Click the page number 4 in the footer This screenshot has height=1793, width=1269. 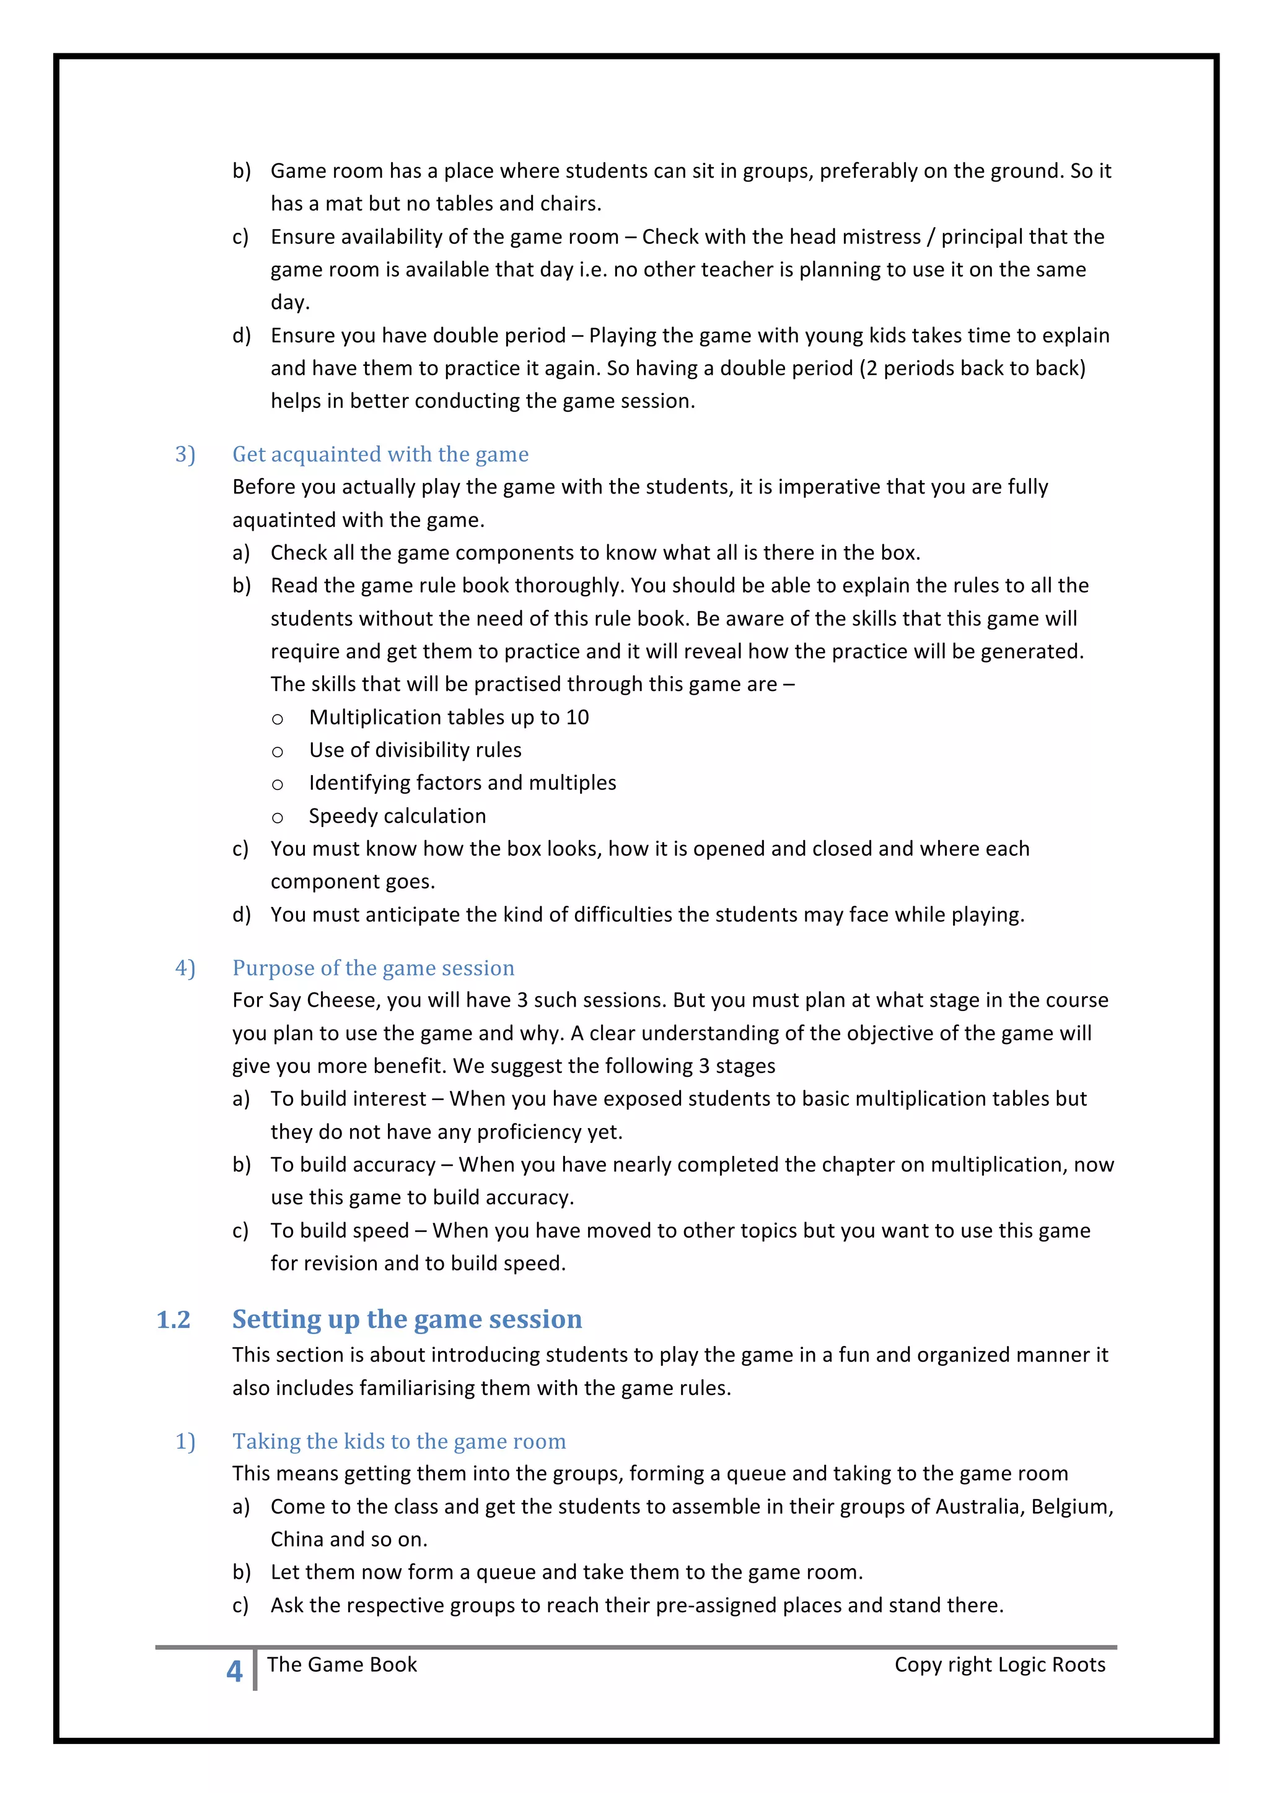(234, 1671)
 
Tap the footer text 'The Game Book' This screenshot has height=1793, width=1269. (341, 1664)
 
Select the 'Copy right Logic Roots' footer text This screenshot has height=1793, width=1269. (999, 1664)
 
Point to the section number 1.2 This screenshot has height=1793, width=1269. (173, 1320)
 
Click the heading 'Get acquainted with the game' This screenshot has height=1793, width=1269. (380, 454)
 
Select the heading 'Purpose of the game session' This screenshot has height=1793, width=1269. (373, 968)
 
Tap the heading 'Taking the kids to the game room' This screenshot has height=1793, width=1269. (398, 1441)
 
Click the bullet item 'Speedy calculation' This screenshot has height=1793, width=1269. (397, 816)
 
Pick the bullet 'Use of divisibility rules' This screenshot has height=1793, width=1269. (415, 750)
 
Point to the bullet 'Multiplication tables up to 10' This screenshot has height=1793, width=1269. (449, 717)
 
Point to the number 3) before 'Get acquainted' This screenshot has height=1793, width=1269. (185, 454)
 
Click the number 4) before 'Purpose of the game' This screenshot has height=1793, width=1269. (185, 968)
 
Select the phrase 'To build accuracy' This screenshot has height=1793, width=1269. (353, 1165)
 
